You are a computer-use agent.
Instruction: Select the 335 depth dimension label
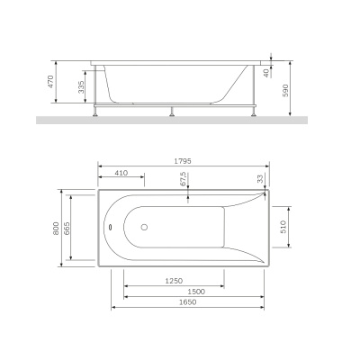pos(81,87)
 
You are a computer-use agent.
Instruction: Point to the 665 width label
pos(68,230)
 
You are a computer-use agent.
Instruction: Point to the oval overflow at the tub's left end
pos(109,227)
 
